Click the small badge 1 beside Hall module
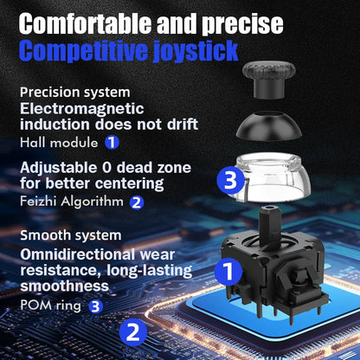(112, 141)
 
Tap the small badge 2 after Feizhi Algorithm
(136, 202)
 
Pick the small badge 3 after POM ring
(95, 305)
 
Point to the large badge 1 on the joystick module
(228, 273)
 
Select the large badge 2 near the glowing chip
(132, 331)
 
